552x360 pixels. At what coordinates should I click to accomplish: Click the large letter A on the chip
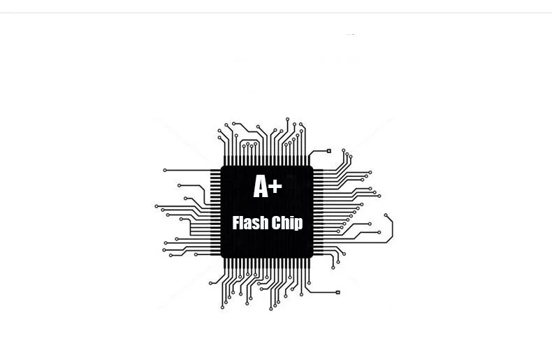261,187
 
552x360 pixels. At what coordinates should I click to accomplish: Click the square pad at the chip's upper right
329,150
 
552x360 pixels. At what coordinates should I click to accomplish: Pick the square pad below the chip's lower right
338,292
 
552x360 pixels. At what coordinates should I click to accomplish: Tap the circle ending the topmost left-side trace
165,170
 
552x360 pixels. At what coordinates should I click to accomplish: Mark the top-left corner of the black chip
222,167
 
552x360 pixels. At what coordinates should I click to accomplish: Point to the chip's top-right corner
312,167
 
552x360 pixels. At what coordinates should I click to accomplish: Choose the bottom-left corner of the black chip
222,257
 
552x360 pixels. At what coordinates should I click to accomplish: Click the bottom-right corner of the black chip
312,257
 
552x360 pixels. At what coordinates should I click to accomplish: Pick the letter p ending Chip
298,224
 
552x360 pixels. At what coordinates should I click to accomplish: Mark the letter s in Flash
255,224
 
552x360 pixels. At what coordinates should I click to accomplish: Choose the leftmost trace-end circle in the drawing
156,206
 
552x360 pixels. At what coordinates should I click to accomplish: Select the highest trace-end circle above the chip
287,120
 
